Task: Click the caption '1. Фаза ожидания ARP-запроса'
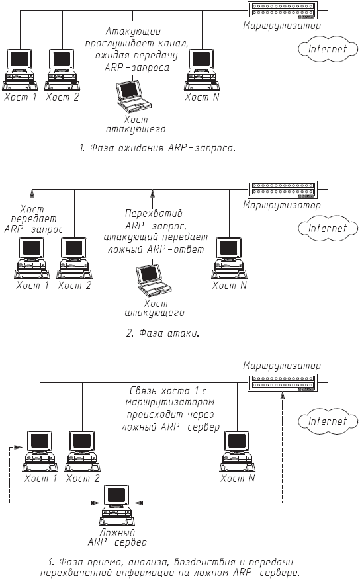pyautogui.click(x=157, y=148)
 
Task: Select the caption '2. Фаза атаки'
pyautogui.click(x=163, y=333)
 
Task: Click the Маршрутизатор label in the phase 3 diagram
pyautogui.click(x=271, y=365)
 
